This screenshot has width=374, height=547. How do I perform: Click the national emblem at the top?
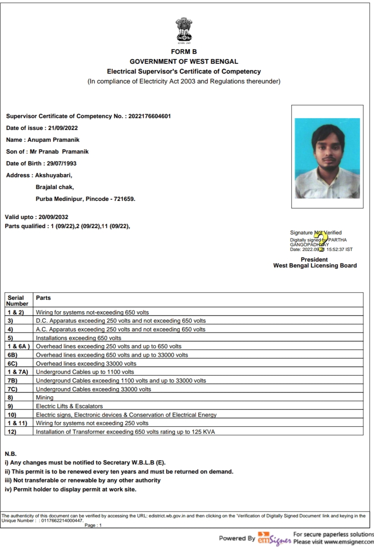[184, 30]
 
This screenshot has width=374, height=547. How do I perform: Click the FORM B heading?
[184, 52]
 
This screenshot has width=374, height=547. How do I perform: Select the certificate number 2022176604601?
[150, 116]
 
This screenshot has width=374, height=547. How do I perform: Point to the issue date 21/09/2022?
[63, 128]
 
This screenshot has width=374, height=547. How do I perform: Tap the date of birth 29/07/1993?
[62, 164]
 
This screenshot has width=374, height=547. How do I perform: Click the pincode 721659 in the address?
[124, 199]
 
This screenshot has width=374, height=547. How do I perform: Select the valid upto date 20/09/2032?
[53, 217]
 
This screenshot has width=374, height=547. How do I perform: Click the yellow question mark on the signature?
[322, 241]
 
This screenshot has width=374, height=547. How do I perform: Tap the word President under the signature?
[314, 260]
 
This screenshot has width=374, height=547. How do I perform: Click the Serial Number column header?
[17, 301]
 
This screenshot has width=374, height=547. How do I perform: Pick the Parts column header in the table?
[43, 298]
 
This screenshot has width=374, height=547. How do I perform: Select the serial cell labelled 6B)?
[12, 355]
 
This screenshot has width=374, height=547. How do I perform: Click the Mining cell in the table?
[45, 398]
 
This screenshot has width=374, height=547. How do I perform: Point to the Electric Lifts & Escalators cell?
[69, 406]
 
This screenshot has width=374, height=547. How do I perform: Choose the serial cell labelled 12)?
[12, 432]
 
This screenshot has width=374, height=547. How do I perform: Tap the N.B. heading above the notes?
[11, 454]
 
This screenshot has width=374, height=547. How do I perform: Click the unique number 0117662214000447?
[62, 521]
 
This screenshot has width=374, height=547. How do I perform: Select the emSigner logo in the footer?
[275, 538]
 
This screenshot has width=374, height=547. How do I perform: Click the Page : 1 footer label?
[93, 525]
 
